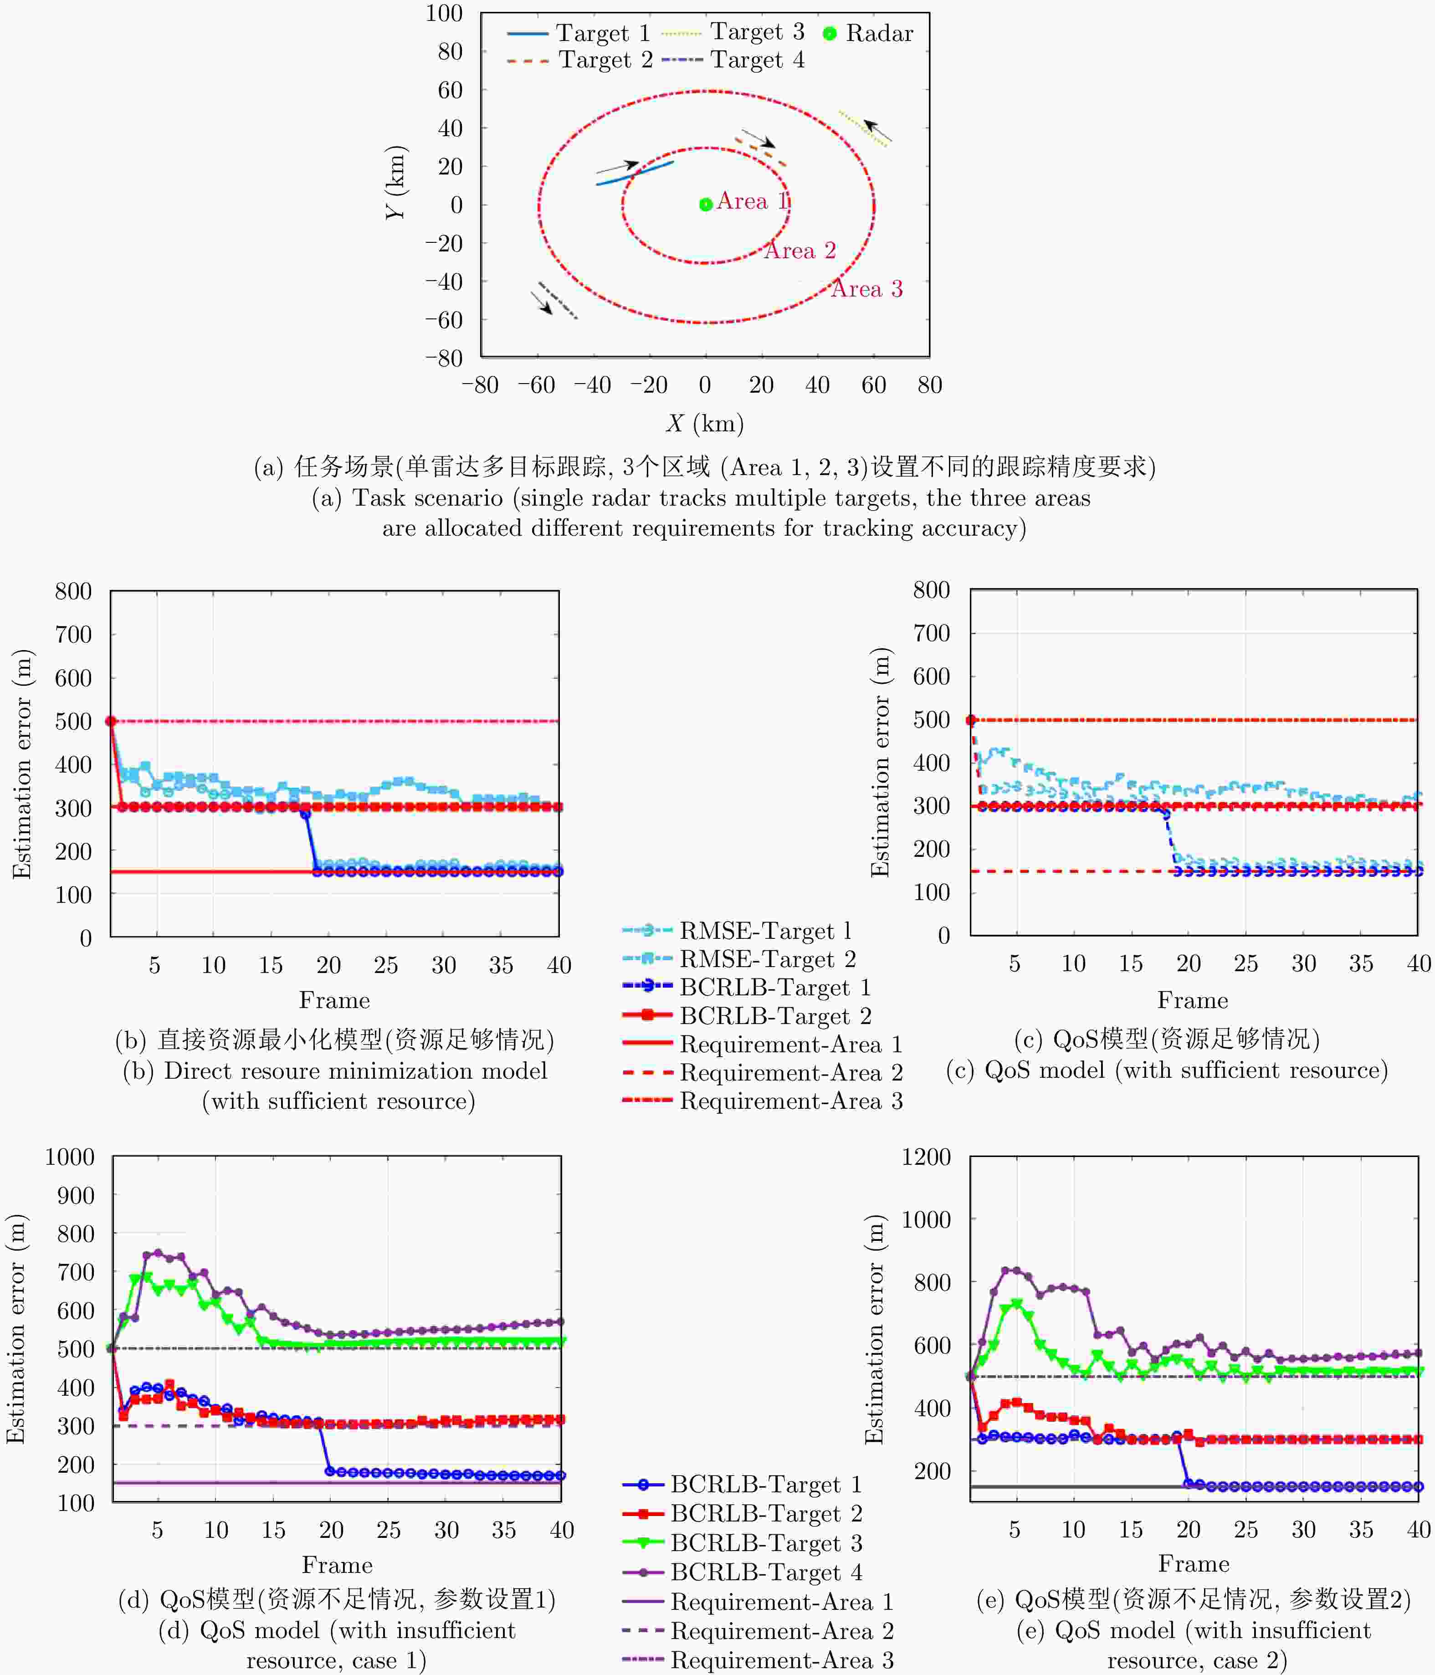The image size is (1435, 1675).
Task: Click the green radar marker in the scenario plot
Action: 705,205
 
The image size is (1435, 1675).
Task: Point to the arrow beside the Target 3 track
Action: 877,130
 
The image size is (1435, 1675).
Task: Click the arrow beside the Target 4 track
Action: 542,302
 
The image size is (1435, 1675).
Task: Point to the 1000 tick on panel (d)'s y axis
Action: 70,1157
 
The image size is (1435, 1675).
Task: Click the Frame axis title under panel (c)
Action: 1193,1000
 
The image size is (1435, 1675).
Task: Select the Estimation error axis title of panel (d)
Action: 16,1329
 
